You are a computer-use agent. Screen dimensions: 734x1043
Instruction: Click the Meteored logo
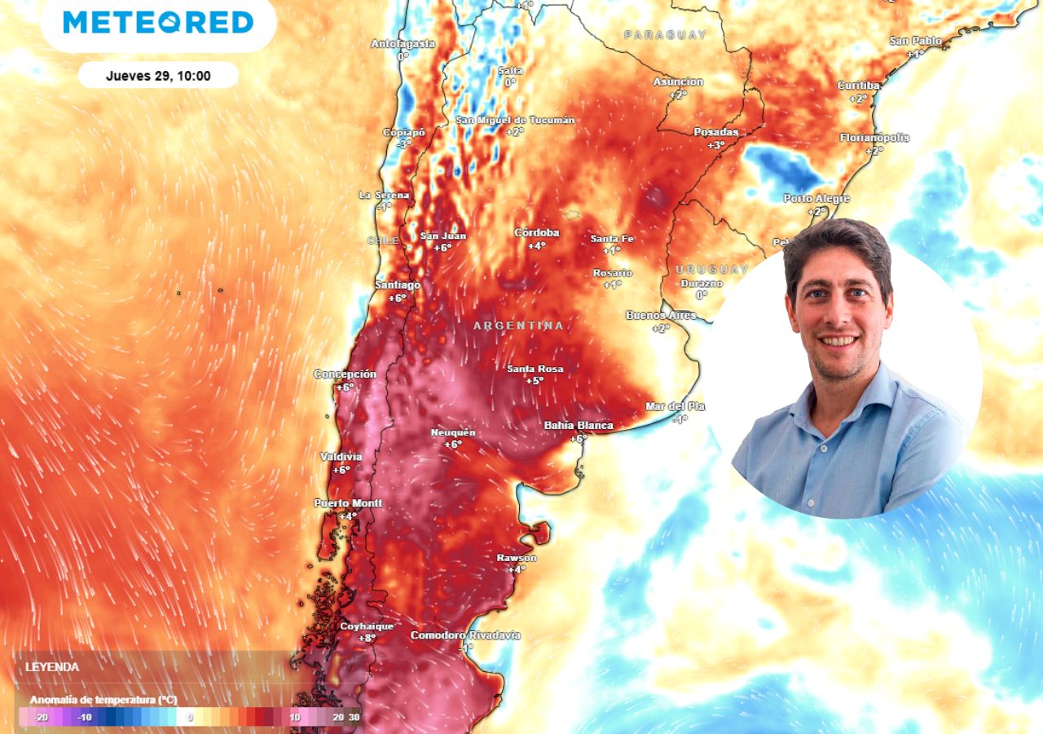click(x=158, y=23)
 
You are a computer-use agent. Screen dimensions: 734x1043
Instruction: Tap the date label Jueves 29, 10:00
click(x=158, y=76)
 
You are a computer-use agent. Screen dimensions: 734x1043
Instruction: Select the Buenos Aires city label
click(x=661, y=316)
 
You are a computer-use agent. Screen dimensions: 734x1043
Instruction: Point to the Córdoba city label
click(x=536, y=233)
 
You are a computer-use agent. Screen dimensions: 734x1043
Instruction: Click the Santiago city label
click(x=398, y=285)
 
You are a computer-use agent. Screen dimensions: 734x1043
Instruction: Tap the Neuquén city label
click(x=453, y=432)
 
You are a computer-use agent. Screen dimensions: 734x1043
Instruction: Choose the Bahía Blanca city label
click(x=579, y=426)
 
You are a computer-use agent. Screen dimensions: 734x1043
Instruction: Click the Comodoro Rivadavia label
click(x=465, y=635)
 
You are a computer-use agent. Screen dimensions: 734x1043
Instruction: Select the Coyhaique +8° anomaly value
click(x=367, y=639)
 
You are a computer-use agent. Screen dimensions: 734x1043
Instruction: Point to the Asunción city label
click(x=678, y=82)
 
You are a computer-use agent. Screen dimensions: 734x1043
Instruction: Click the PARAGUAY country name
click(x=666, y=35)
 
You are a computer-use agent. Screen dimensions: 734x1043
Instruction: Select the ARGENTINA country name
click(x=518, y=325)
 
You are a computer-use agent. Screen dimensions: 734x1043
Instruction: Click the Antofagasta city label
click(x=403, y=44)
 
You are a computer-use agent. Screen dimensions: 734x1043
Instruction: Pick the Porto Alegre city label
click(x=816, y=199)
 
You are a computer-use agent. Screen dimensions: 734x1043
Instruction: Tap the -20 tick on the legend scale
click(x=41, y=718)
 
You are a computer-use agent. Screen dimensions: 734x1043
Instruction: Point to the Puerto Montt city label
click(x=348, y=503)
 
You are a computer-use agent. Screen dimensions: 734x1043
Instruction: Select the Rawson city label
click(x=517, y=558)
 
